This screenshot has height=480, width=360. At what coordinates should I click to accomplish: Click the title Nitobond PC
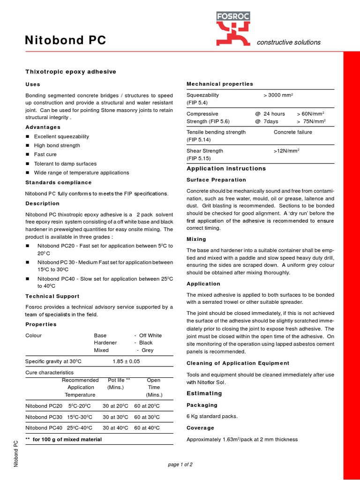coord(65,41)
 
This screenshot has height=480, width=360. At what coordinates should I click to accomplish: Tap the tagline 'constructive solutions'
coord(288,42)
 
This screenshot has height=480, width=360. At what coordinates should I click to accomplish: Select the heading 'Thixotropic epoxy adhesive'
coord(70,72)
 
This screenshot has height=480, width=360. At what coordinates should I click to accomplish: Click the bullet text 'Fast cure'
coord(45,155)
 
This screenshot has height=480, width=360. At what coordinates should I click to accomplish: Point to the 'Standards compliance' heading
coord(58,182)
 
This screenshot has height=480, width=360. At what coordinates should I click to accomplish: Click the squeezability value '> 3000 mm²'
coord(278,95)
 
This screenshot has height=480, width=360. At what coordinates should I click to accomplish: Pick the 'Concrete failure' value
coord(292,132)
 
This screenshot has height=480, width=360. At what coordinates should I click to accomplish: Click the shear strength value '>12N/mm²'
coord(286,151)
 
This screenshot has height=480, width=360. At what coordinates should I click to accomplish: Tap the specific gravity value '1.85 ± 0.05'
coord(126,361)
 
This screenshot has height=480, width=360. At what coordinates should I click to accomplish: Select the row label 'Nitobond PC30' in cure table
coord(44,417)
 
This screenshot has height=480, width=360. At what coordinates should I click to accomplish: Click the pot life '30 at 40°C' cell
coord(115,428)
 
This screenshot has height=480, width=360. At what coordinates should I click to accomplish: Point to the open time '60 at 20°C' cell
coord(147,406)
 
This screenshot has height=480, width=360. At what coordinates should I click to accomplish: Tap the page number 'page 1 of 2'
coord(180,465)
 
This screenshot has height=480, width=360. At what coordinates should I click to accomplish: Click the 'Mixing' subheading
coord(196,239)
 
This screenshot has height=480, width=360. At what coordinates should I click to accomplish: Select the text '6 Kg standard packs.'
coord(212,416)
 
